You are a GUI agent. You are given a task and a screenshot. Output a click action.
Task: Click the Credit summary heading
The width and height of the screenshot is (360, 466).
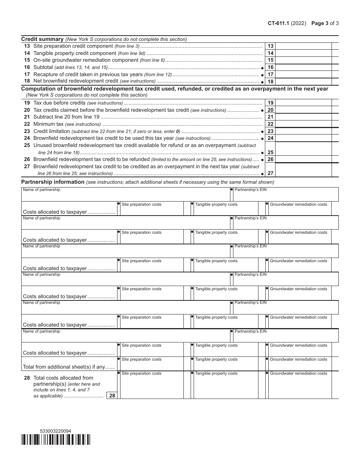[x=42, y=39]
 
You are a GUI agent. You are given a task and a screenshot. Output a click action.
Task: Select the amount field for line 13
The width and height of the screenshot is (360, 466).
[x=304, y=46]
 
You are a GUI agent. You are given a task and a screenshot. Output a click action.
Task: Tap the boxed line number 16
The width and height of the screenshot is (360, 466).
[x=271, y=67]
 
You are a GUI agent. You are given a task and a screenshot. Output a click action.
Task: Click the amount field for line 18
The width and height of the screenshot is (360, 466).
[x=304, y=81]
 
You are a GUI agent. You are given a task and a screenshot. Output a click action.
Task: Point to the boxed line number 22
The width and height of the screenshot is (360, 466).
[x=271, y=124]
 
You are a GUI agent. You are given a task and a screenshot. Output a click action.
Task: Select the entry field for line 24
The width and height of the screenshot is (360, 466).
[x=304, y=138]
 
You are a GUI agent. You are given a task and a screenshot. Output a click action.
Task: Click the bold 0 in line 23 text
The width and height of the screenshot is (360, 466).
[x=178, y=131]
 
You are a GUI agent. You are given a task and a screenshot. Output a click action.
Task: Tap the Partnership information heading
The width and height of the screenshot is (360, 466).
[x=53, y=182]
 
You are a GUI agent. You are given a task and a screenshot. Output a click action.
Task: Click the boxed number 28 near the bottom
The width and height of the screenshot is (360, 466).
[x=112, y=396]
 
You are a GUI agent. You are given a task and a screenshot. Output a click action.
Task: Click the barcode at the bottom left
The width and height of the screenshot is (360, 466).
[x=56, y=439]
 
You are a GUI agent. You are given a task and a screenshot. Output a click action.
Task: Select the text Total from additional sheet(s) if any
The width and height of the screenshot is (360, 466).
[x=68, y=367]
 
